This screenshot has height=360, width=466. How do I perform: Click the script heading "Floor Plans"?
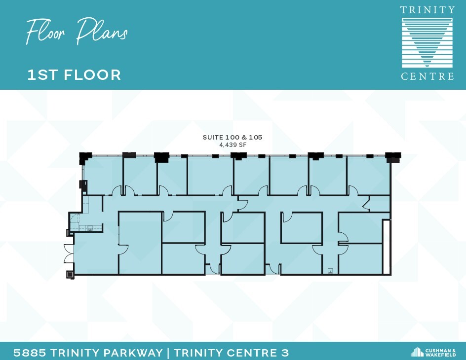[77, 32]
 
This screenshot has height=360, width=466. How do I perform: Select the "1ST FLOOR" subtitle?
[74, 75]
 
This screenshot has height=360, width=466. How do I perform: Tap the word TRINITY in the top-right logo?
[427, 10]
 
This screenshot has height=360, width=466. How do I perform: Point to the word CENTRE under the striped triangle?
[427, 76]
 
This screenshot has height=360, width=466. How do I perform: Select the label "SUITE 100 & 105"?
[232, 137]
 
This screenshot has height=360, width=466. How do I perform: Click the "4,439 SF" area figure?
[232, 145]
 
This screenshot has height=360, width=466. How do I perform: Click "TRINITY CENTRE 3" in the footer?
[232, 353]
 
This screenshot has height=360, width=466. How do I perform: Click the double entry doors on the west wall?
[68, 252]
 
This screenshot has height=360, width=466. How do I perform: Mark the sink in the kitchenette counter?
[90, 228]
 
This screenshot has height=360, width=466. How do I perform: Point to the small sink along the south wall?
[328, 271]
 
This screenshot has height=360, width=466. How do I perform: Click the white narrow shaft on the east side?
[387, 247]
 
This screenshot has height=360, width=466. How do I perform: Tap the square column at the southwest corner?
[70, 274]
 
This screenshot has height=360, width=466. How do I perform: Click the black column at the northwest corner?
[85, 157]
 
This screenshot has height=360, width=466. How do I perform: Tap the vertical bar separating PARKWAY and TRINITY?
[168, 353]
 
